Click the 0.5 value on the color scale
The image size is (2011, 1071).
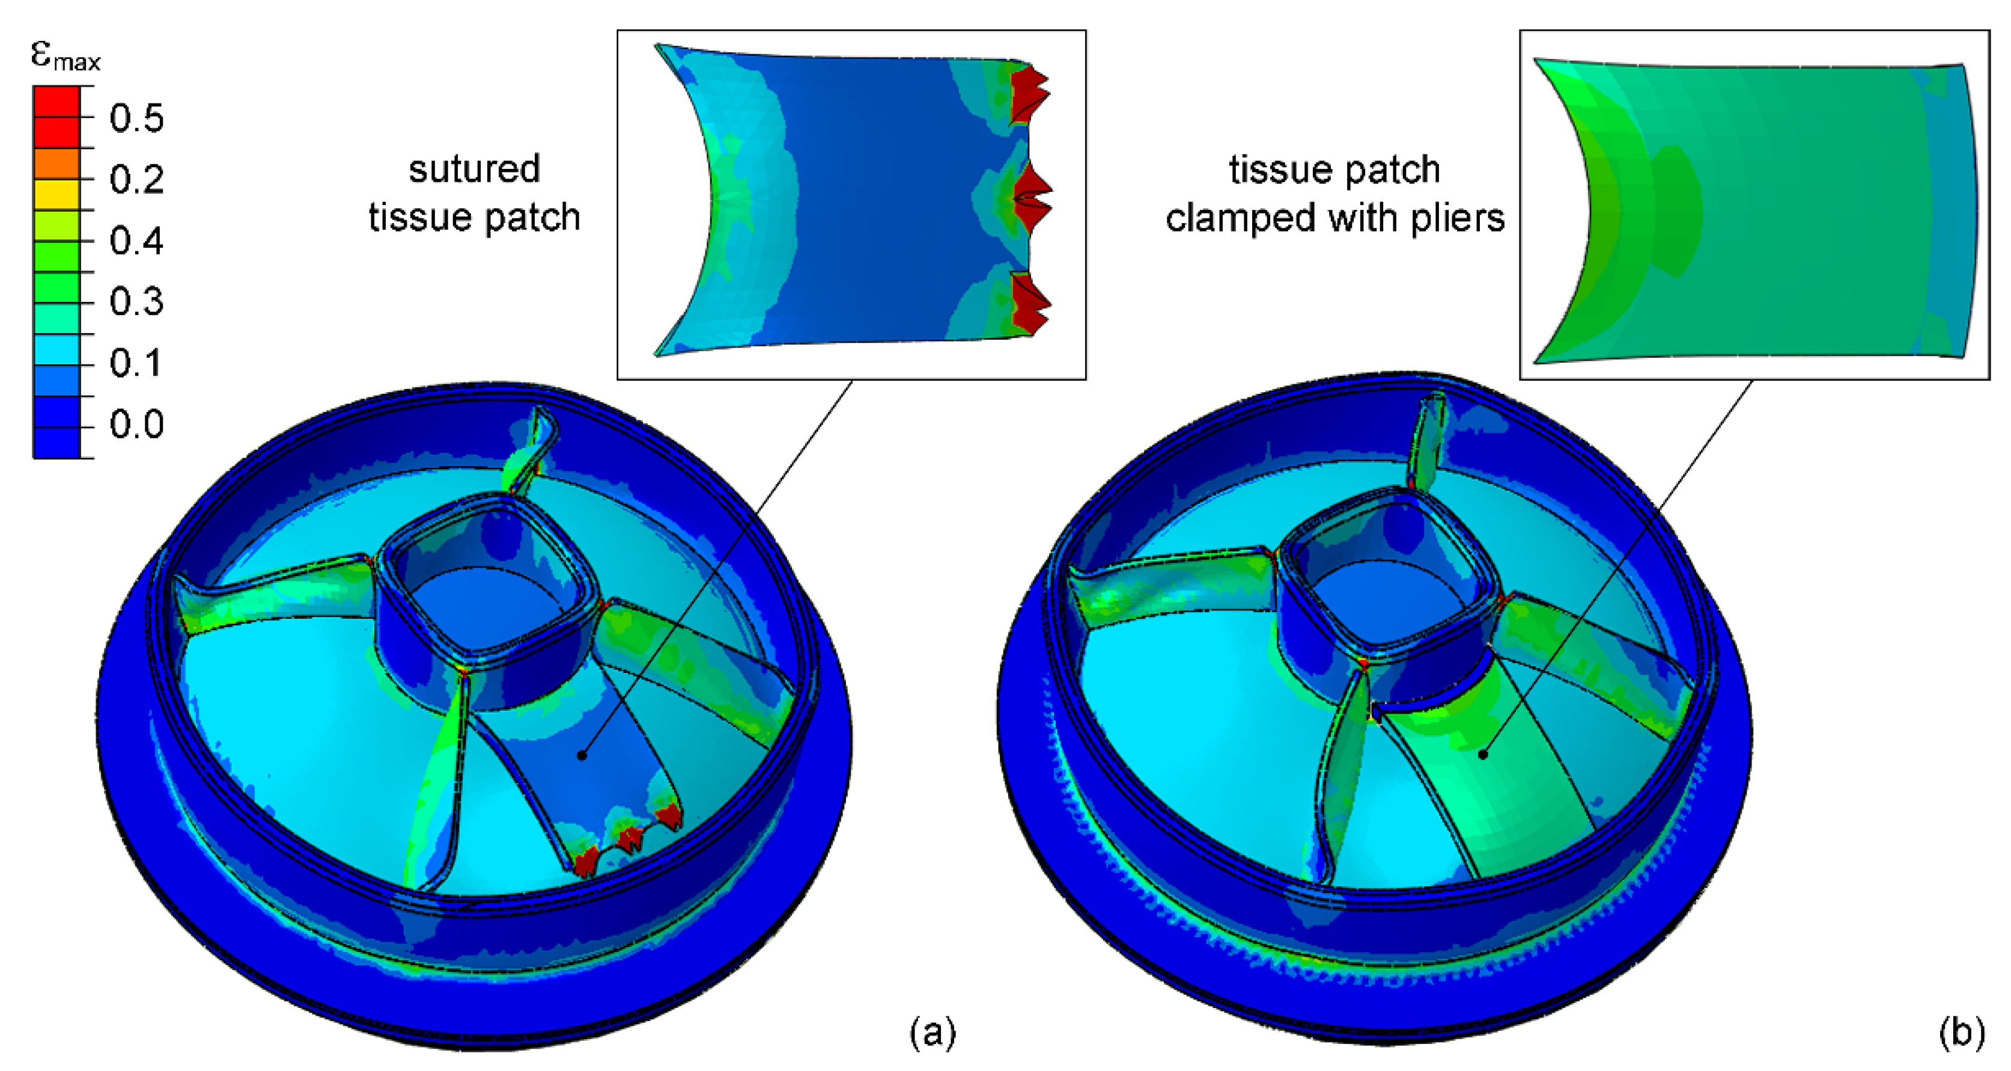point(136,118)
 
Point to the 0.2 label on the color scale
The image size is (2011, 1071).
point(136,180)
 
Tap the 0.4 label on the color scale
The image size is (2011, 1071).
point(136,241)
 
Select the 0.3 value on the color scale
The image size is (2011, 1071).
point(136,301)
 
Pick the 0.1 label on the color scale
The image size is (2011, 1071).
point(136,363)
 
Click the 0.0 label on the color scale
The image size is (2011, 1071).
point(136,424)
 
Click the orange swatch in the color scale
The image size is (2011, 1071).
point(56,164)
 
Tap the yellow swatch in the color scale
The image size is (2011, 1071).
point(56,194)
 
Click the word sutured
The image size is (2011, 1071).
point(474,170)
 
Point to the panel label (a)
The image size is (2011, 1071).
point(932,1033)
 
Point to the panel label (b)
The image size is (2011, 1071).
point(1961,1033)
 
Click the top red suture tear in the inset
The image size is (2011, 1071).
point(1027,94)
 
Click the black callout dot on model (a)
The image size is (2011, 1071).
point(582,755)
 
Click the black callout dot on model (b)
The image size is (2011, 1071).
point(1482,755)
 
